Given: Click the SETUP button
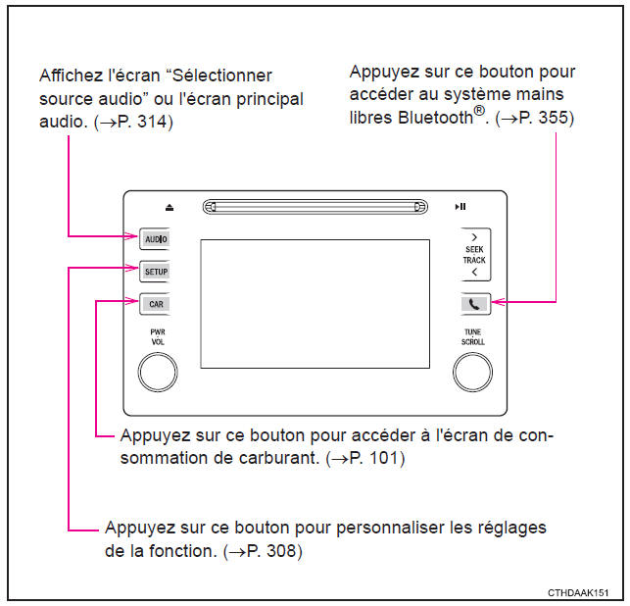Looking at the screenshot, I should (x=155, y=270).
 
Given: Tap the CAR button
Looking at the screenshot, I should (x=155, y=303).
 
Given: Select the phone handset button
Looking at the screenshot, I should (x=473, y=303).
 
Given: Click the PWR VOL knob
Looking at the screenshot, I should (x=158, y=371).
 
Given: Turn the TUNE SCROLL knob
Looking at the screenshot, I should (x=472, y=371).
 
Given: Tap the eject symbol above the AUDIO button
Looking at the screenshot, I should (x=169, y=207).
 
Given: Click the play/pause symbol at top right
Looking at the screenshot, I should (x=460, y=207).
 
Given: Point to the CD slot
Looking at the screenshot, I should (x=315, y=207).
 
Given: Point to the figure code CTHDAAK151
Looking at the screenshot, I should (x=579, y=593).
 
